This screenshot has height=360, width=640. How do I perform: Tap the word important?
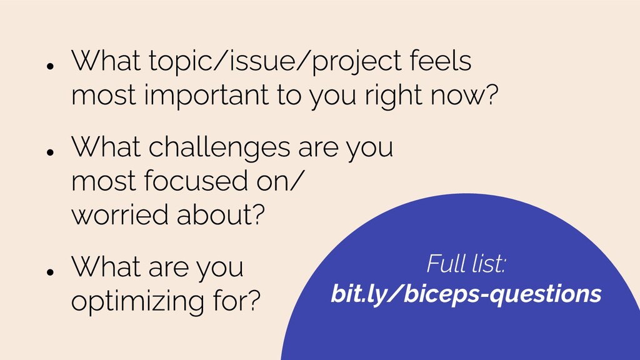(206, 96)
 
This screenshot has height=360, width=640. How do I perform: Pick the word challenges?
(219, 147)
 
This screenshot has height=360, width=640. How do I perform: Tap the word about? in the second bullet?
(221, 214)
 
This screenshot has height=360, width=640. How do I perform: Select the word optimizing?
(137, 302)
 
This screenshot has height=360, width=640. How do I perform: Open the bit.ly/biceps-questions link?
(466, 294)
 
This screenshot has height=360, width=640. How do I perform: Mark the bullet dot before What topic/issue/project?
(51, 66)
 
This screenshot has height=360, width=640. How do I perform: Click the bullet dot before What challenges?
(51, 152)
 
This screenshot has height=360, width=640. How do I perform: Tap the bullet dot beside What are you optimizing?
(51, 272)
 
